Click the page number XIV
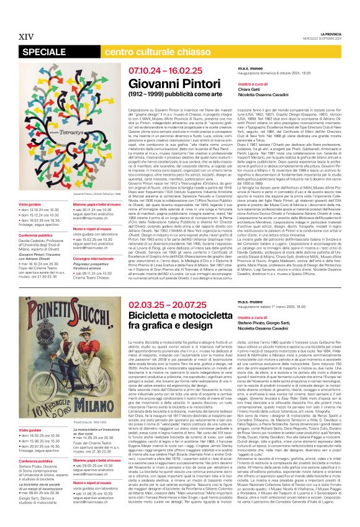point(26,37)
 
